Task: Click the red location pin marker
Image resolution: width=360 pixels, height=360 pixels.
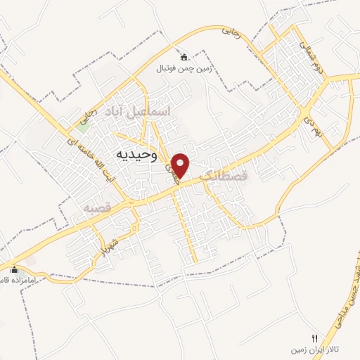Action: point(181,166)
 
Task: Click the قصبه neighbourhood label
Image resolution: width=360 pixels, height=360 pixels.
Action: point(97,208)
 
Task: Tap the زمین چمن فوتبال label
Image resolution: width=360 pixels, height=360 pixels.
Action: point(184,69)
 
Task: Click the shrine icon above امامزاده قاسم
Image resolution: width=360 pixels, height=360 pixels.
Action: point(14,269)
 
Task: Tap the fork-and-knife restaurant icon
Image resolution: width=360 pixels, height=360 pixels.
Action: point(314,337)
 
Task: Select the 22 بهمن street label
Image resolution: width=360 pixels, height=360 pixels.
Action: point(322,131)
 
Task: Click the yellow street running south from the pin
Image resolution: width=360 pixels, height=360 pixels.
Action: point(187,225)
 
